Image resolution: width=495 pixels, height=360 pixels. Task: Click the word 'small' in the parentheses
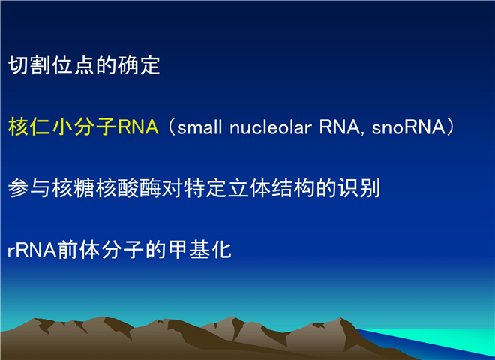click(199, 127)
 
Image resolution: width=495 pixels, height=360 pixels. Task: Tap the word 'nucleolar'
click(271, 127)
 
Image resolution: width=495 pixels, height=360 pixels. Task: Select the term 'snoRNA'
click(409, 127)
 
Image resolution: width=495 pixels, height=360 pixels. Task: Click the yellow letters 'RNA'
click(138, 127)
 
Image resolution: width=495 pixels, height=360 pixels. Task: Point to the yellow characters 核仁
click(29, 127)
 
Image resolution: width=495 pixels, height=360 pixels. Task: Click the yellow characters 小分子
click(84, 127)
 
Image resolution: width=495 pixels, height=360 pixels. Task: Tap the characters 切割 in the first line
click(29, 65)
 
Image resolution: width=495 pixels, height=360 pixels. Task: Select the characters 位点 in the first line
click(73, 65)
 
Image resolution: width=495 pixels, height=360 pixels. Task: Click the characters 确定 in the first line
click(139, 65)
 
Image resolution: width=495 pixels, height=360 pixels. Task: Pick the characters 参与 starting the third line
click(29, 188)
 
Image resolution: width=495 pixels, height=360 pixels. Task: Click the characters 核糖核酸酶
click(106, 188)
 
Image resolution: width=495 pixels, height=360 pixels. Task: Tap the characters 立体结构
click(271, 188)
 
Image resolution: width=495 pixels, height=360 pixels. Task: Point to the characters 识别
click(359, 188)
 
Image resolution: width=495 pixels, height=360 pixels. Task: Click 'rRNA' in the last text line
click(32, 250)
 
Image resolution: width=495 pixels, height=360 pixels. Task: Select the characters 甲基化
click(200, 250)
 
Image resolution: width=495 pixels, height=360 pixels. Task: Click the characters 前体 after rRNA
click(79, 250)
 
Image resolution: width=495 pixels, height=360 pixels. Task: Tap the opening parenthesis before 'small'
click(172, 127)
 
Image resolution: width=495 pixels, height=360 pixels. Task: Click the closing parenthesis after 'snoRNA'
click(451, 127)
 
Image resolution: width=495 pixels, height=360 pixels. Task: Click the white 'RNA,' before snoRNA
click(342, 127)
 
